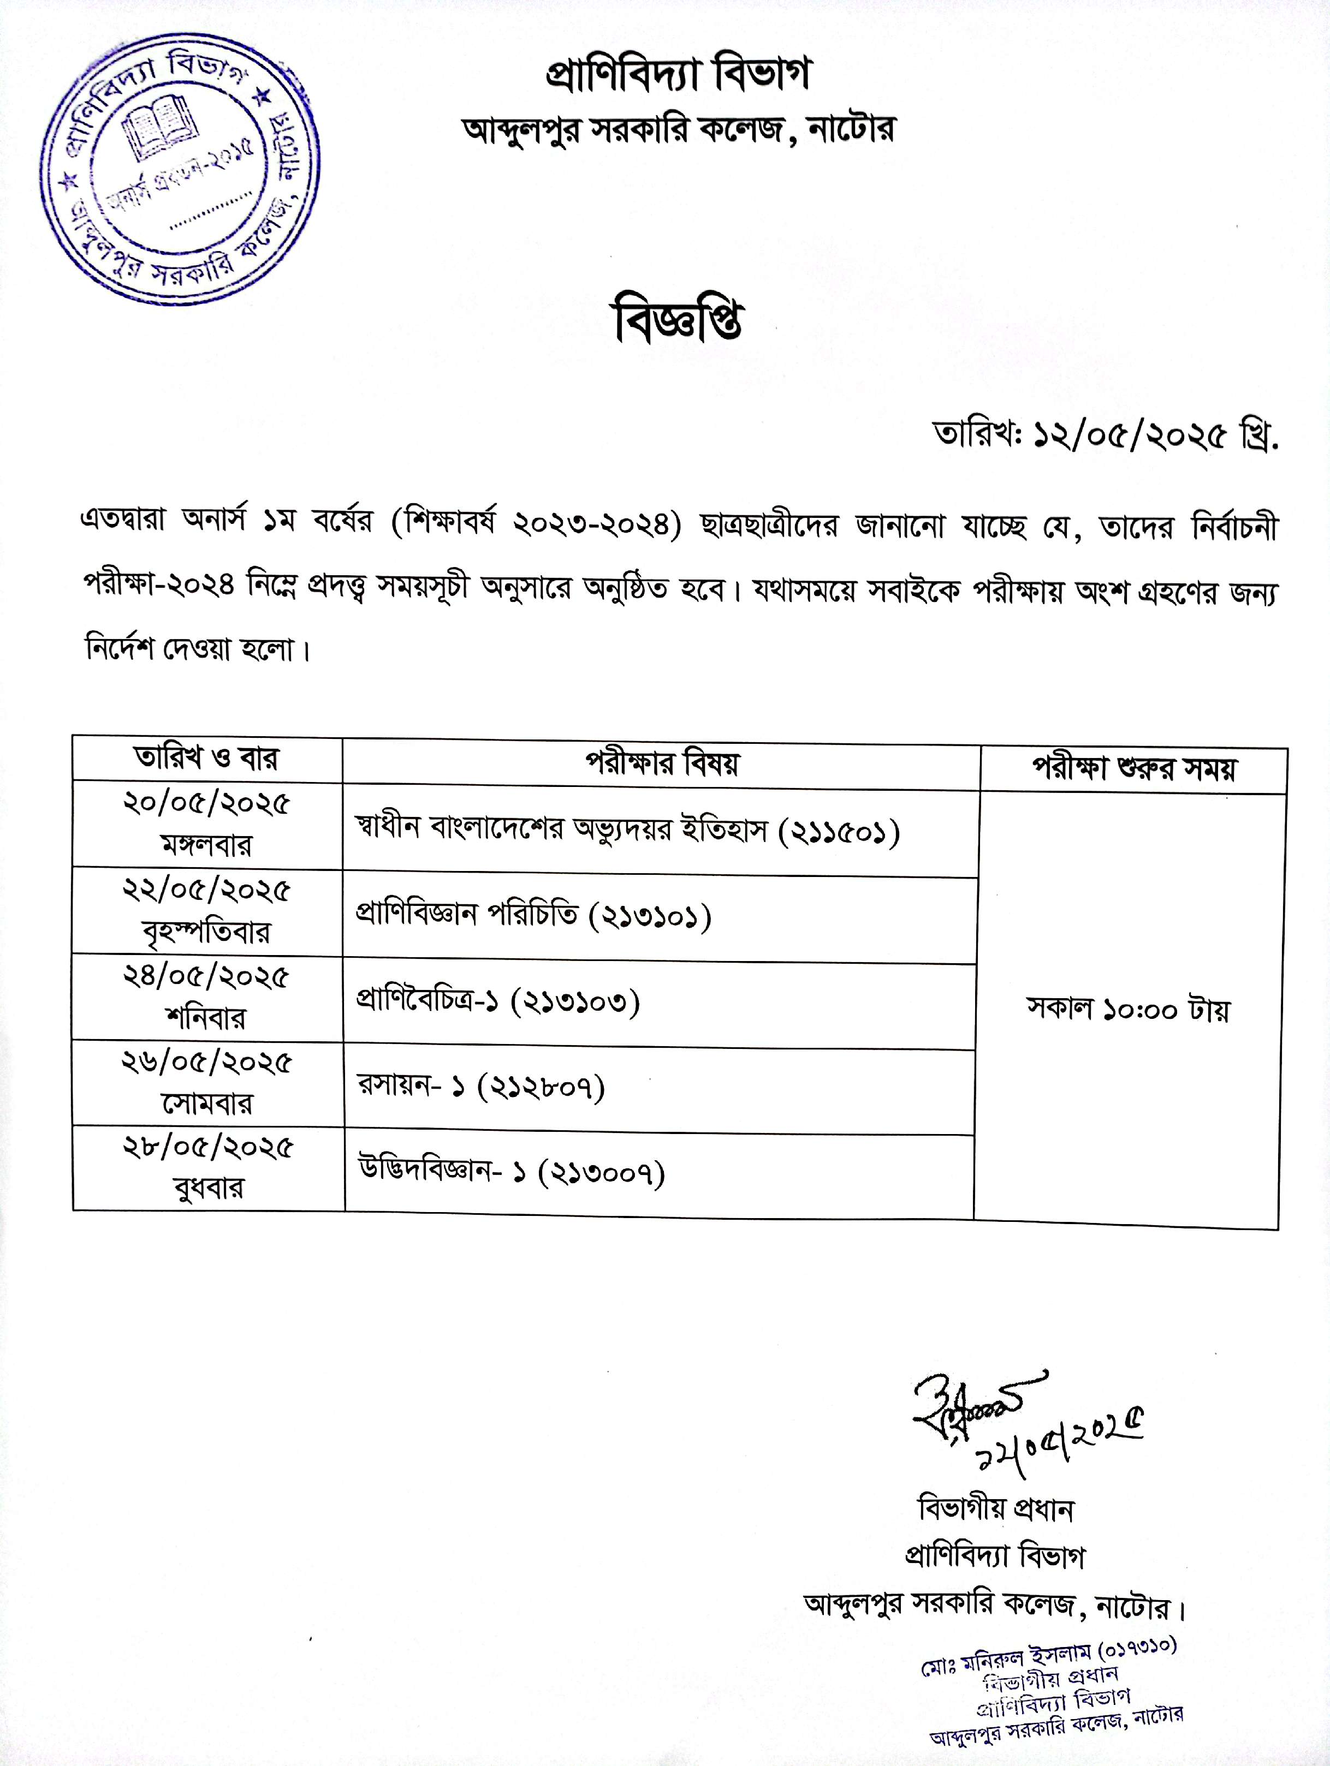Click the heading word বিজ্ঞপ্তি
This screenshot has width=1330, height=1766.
678,323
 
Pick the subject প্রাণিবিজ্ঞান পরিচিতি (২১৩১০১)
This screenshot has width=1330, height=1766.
533,916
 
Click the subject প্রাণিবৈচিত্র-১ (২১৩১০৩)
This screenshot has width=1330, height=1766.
497,1002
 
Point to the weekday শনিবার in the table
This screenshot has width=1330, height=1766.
206,1018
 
